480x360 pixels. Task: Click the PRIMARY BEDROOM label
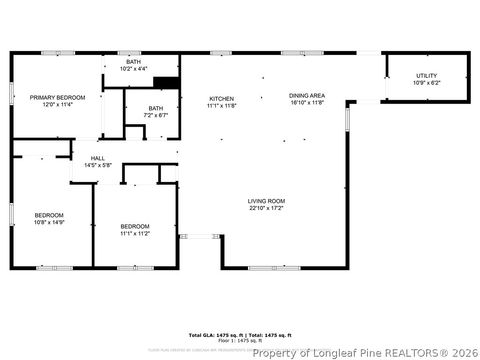57,97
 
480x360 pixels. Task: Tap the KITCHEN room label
222,98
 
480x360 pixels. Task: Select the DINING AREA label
308,95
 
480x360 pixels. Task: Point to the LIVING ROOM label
267,201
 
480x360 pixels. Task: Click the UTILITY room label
427,76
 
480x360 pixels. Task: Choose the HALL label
98,158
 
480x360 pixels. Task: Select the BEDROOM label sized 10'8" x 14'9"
49,215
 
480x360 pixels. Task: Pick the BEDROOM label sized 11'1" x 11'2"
134,226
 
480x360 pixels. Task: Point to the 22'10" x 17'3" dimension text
267,208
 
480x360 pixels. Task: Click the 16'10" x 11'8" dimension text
308,102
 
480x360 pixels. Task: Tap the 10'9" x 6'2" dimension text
427,83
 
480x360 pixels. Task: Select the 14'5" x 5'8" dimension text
98,165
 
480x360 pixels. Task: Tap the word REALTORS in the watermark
397,352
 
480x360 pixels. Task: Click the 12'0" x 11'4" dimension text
57,103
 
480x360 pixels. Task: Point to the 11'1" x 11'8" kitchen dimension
222,104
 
